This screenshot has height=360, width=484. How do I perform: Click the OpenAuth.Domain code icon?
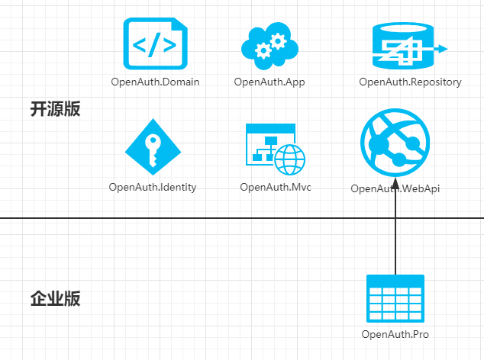click(155, 44)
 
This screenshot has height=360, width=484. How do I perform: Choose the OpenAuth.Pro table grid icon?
click(395, 300)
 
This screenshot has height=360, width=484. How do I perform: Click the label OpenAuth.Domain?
click(155, 82)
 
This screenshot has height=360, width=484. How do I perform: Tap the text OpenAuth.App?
click(269, 82)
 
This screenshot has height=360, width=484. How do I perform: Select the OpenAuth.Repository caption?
click(410, 82)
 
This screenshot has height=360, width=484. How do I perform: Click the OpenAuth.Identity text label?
click(153, 187)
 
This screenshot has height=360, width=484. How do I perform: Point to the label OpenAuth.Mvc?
click(275, 187)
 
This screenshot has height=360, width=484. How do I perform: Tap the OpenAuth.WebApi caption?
click(395, 189)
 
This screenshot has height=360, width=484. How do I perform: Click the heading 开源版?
click(55, 109)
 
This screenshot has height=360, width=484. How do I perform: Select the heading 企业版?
click(55, 298)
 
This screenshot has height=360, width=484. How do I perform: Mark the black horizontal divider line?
click(191, 218)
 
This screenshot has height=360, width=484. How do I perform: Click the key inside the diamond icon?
click(153, 149)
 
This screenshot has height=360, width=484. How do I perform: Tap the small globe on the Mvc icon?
click(290, 160)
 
